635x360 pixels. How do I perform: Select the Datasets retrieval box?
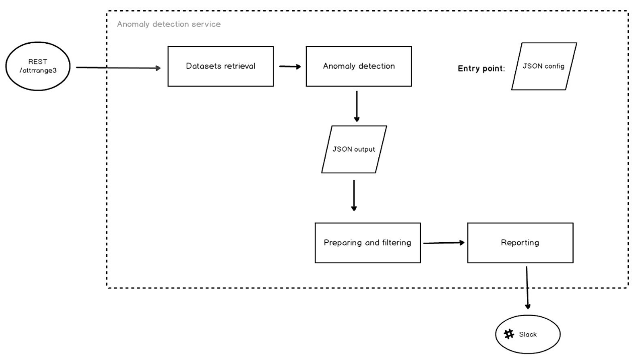220,66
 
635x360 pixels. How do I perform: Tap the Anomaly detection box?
359,66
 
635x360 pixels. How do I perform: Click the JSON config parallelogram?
544,66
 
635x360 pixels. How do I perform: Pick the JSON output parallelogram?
354,150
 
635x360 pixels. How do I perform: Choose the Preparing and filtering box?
367,243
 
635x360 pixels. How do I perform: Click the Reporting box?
520,243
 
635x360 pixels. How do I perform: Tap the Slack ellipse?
528,334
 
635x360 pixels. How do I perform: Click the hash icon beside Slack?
508,334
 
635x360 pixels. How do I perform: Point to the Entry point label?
481,68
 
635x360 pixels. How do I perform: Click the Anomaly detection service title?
169,24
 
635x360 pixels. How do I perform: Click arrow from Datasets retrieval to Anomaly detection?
289,66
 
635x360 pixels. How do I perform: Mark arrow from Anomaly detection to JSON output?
357,106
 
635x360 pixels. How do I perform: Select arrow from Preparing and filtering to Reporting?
443,243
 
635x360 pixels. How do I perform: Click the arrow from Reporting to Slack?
527,287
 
